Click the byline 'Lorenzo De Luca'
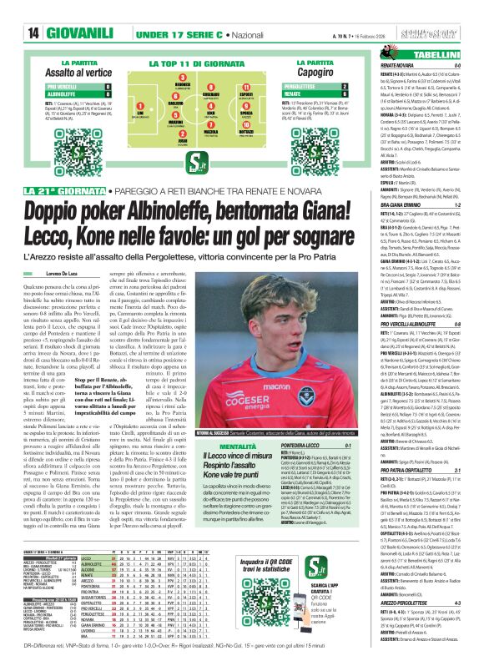(74, 274)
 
